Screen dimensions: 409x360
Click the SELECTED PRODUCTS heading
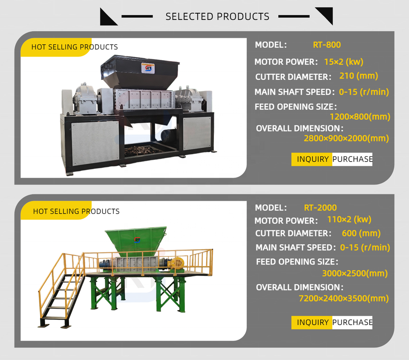(217, 17)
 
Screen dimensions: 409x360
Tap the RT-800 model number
(327, 45)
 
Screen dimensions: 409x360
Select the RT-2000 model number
(320, 208)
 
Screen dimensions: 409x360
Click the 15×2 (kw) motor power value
(343, 61)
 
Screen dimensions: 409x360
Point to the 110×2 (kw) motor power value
(349, 219)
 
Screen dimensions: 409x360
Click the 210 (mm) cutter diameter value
(359, 75)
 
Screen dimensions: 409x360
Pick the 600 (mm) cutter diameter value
(361, 233)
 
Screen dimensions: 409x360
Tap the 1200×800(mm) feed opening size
(360, 117)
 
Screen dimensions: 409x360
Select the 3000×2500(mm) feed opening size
(355, 273)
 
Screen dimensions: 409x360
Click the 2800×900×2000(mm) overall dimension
(346, 138)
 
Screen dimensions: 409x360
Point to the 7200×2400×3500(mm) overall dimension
(344, 298)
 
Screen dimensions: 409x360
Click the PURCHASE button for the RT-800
(352, 159)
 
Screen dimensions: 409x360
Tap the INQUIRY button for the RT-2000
(312, 322)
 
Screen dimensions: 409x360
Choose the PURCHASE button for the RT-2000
(352, 322)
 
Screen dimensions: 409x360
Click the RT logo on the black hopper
(148, 68)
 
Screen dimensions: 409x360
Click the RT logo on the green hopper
(137, 240)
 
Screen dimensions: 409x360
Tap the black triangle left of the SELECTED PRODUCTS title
(109, 17)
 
